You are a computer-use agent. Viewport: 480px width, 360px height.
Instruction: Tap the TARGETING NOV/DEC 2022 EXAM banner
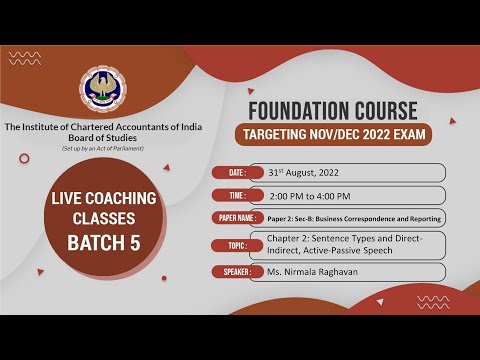330,135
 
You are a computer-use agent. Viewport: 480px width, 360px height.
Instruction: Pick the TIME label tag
237,194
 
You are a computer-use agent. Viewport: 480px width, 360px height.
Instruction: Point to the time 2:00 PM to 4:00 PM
317,194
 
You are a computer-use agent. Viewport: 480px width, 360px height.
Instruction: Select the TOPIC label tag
237,245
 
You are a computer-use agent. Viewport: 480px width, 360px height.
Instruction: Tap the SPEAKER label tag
237,271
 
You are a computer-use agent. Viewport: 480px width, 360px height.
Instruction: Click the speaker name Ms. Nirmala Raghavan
318,271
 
